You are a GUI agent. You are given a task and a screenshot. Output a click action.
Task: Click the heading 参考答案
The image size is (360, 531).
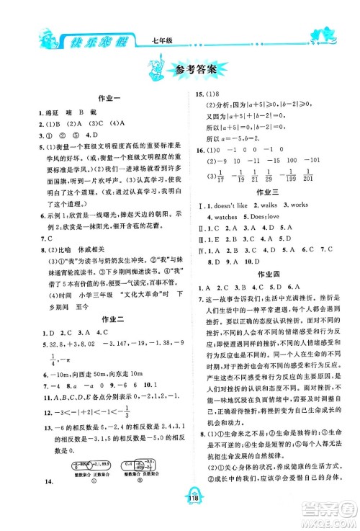[x=196, y=71]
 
